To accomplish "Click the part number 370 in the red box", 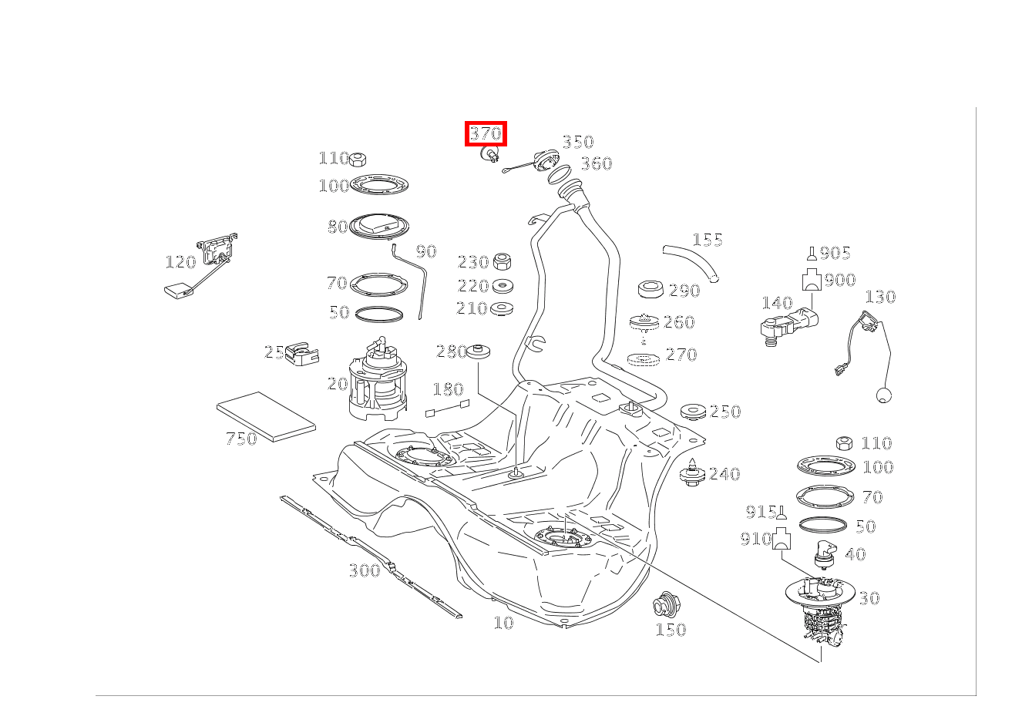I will (486, 133).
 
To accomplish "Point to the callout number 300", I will (365, 570).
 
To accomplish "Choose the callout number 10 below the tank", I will (503, 623).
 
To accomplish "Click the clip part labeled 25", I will (302, 355).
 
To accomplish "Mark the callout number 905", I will (835, 254).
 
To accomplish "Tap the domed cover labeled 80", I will (378, 226).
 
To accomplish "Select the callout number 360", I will (596, 163).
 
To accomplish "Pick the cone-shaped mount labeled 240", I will (693, 472).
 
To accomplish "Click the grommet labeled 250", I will (694, 412).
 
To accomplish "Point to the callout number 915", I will (761, 512).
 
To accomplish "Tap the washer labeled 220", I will (503, 286).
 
